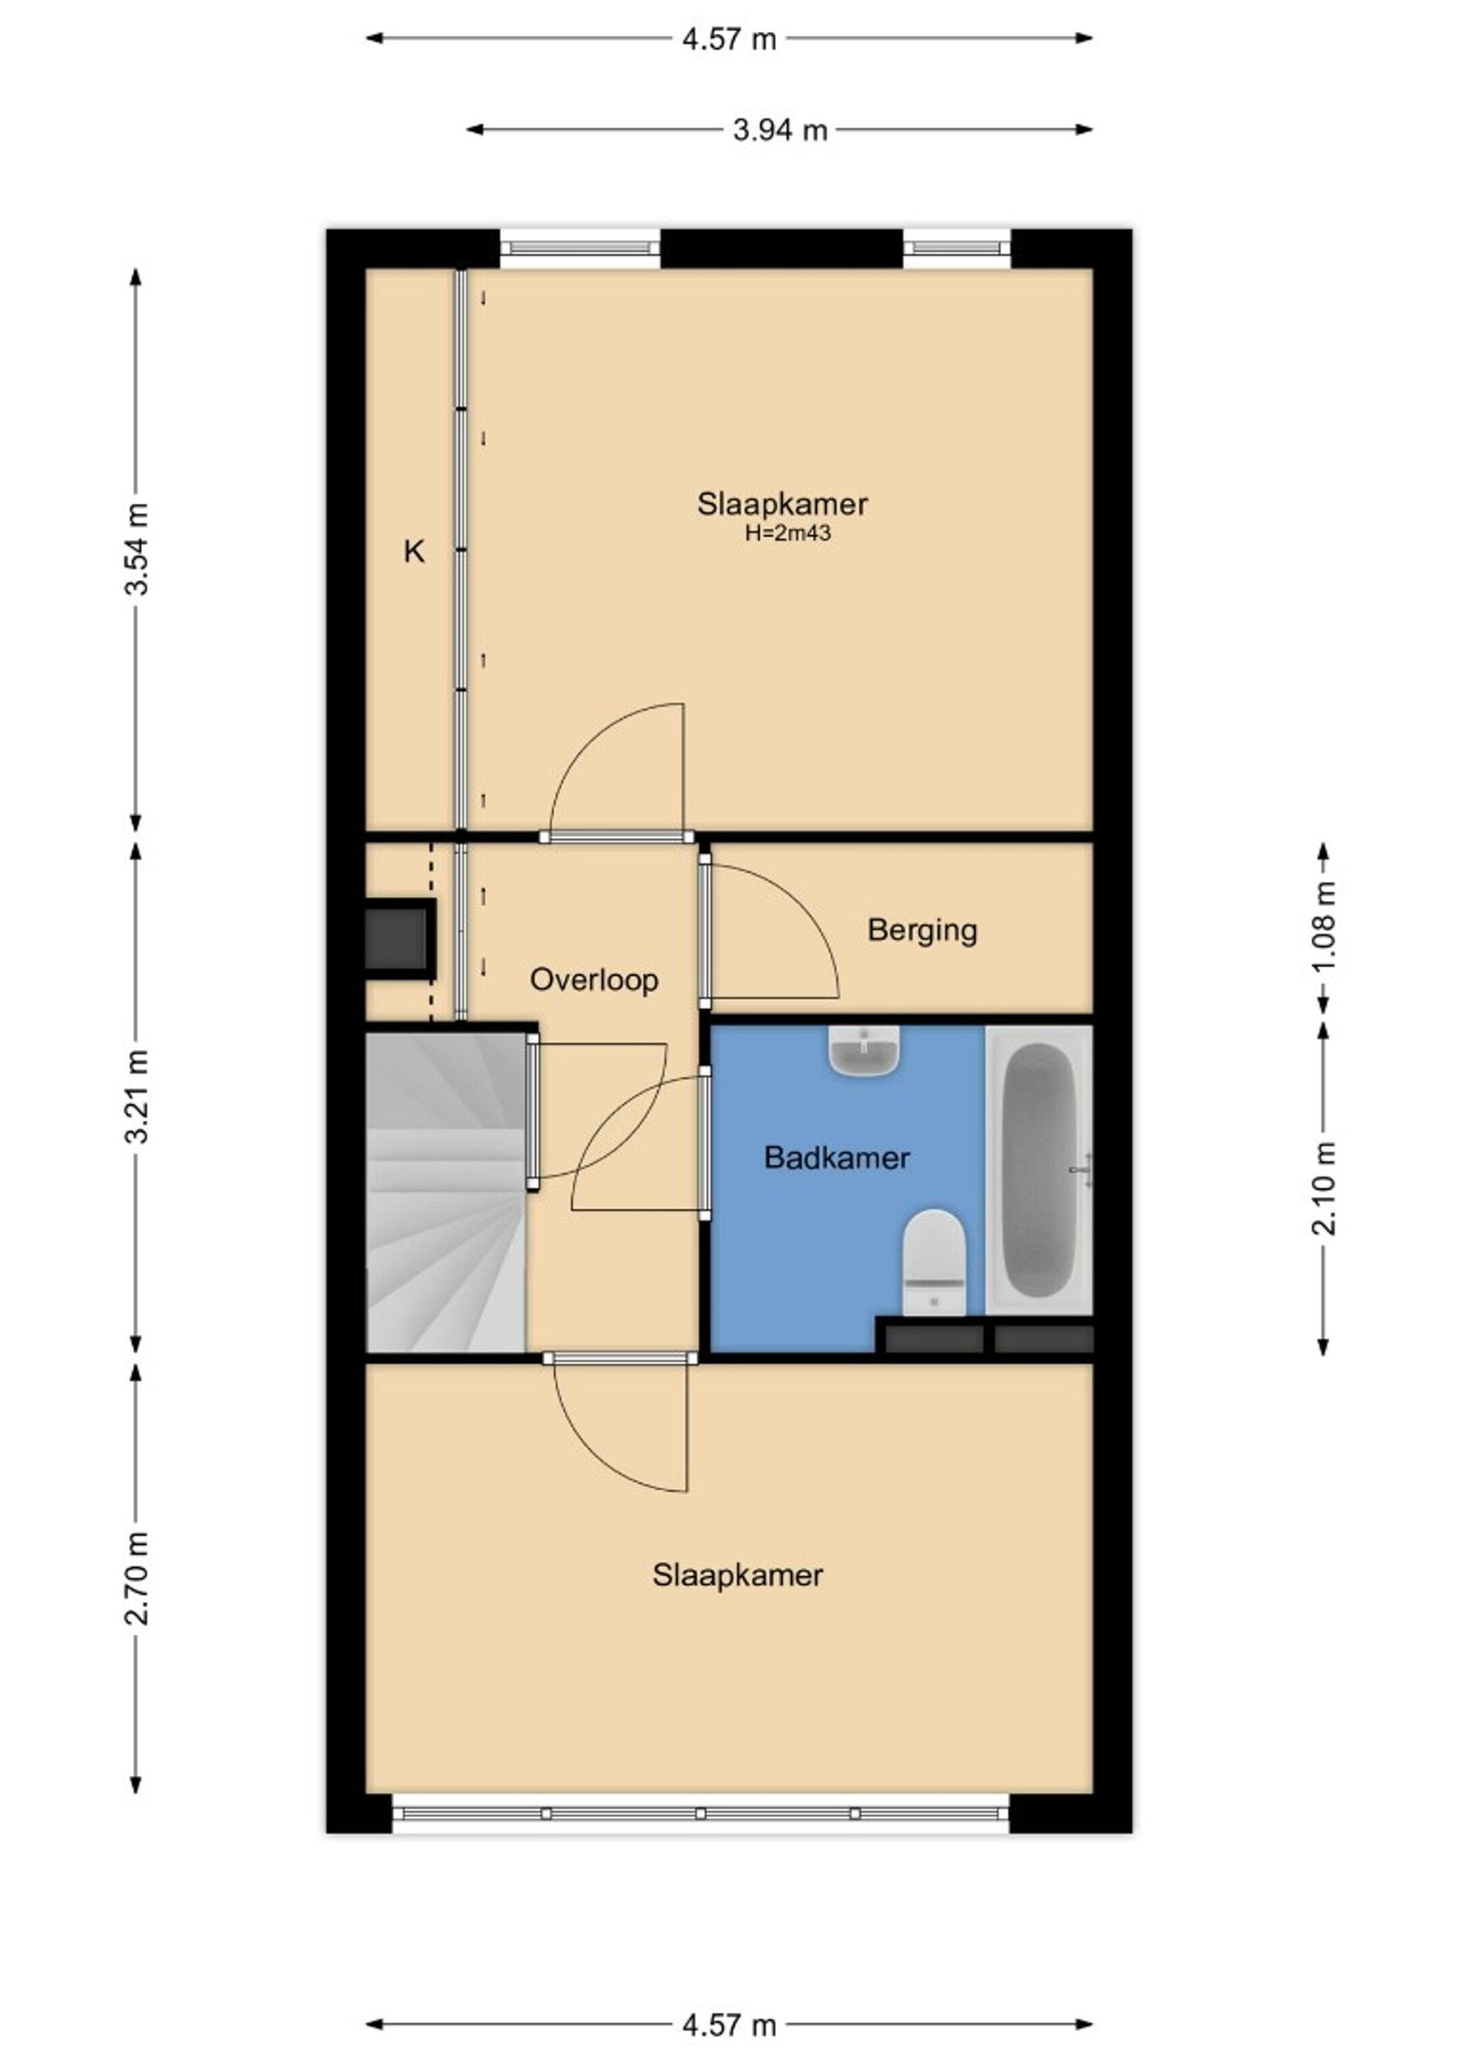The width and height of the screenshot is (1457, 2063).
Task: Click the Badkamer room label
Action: click(836, 1157)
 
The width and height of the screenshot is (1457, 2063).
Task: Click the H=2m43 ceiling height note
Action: click(787, 533)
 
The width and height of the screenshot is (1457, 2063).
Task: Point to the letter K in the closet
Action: click(413, 551)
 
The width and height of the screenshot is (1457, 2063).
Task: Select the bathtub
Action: click(1039, 1169)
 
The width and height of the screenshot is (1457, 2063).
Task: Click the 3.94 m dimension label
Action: click(779, 130)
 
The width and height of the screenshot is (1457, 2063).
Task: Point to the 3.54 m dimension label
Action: click(136, 551)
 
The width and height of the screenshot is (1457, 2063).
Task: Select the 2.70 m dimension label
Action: click(136, 1578)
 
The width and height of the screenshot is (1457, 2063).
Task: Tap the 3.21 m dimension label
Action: click(136, 1096)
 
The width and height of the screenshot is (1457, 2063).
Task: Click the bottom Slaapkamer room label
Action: click(737, 1575)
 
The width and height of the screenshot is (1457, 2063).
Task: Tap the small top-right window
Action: click(956, 247)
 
